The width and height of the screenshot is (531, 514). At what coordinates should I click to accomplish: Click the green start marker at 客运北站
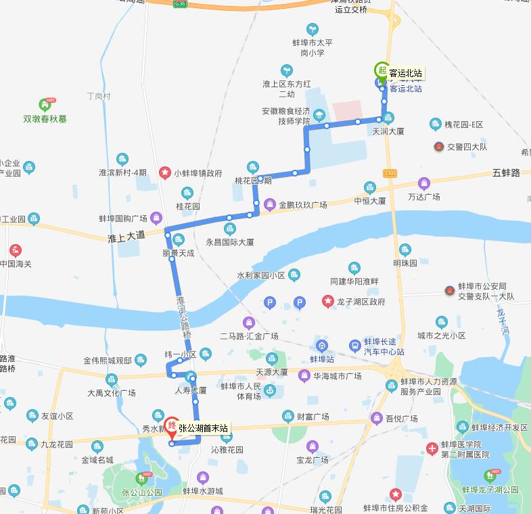[x=382, y=70]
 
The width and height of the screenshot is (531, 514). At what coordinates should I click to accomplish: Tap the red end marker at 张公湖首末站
[x=172, y=426]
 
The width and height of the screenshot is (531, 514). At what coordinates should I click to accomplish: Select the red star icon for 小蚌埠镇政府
[x=164, y=173]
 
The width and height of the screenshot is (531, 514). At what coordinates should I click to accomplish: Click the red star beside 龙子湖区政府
[x=327, y=302]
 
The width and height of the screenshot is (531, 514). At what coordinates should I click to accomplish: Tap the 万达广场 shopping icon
[x=424, y=183]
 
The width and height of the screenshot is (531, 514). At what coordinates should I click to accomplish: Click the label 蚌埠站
[x=323, y=359]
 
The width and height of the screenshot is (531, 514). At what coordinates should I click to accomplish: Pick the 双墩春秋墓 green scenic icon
[x=45, y=105]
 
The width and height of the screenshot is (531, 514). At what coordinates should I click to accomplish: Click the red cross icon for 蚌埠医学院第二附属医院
[x=432, y=449]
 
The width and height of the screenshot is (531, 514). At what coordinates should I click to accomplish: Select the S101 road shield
[x=389, y=173]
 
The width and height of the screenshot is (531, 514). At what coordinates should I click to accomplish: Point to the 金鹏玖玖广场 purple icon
[x=270, y=204]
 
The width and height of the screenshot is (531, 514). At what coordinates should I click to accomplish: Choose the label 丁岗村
[x=99, y=96]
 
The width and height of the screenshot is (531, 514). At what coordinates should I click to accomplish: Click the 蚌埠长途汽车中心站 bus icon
[x=355, y=347]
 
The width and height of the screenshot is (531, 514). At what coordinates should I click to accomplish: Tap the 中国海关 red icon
[x=15, y=250]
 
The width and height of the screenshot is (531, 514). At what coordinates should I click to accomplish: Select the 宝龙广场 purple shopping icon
[x=312, y=446]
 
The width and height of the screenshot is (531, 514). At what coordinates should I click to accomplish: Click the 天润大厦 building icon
[x=388, y=118]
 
